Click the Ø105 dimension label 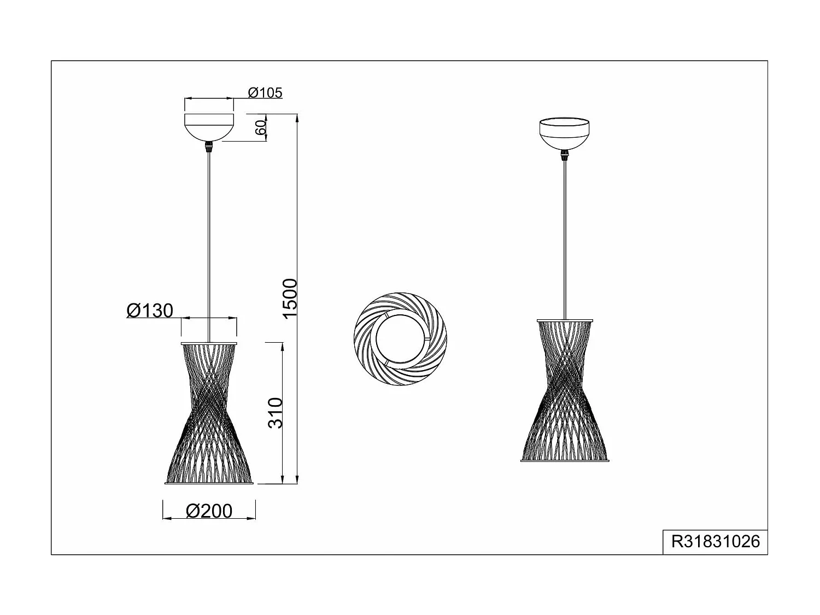click(x=265, y=93)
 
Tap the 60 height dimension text click(x=261, y=127)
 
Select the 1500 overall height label click(x=289, y=298)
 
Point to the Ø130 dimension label click(x=150, y=311)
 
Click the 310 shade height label click(x=276, y=413)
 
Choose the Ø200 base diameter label click(x=209, y=511)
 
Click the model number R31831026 click(x=715, y=541)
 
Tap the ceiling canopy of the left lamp click(x=209, y=127)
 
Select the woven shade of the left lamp click(x=209, y=415)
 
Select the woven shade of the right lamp click(x=564, y=391)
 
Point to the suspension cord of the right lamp click(x=564, y=235)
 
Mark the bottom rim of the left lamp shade click(x=209, y=483)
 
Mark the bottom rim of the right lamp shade click(x=564, y=461)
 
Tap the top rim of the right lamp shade click(x=564, y=320)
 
